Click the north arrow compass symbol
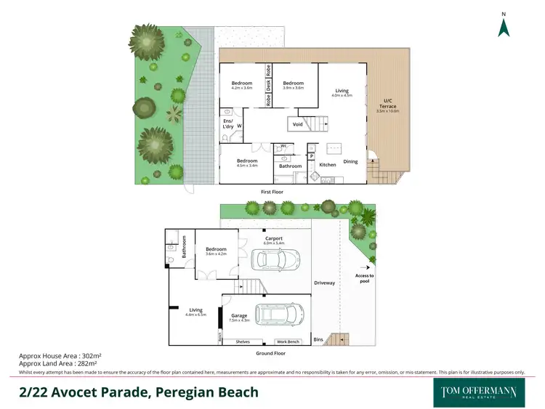503,26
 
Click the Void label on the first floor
298,124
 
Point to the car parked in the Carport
275,259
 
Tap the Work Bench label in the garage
288,341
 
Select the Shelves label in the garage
243,341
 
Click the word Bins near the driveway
318,339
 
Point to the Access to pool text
364,278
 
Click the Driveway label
324,283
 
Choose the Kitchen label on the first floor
328,165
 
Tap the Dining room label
350,161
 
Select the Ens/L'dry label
228,123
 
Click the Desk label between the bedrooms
268,86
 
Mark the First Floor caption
272,192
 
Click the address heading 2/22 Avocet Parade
138,392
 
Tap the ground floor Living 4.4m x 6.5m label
195,312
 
